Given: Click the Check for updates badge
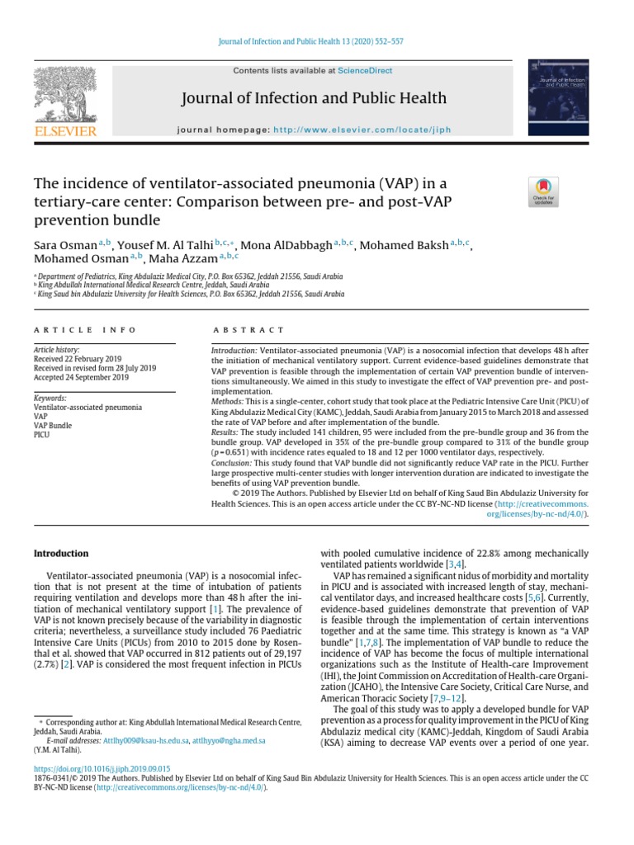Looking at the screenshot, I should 543,191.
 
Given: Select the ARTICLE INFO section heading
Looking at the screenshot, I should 85,329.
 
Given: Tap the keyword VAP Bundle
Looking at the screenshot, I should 53,426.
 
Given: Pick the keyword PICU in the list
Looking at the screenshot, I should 42,435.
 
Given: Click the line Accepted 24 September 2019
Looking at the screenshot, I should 81,377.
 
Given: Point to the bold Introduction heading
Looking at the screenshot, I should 60,554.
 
